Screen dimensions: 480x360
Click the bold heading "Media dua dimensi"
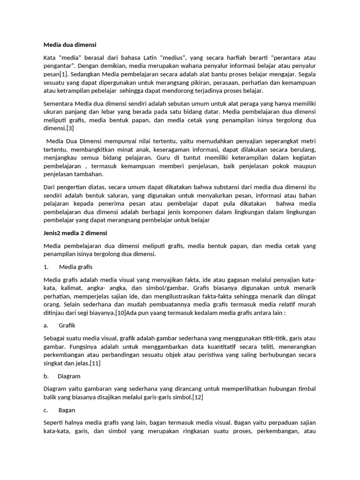click(x=69, y=45)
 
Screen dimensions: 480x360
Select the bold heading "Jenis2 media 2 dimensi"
click(x=75, y=233)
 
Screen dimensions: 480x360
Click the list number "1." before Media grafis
click(x=46, y=267)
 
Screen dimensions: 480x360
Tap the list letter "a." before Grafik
click(x=45, y=325)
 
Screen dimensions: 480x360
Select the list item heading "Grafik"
click(x=67, y=325)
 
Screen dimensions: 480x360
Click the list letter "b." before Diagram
click(x=46, y=376)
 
